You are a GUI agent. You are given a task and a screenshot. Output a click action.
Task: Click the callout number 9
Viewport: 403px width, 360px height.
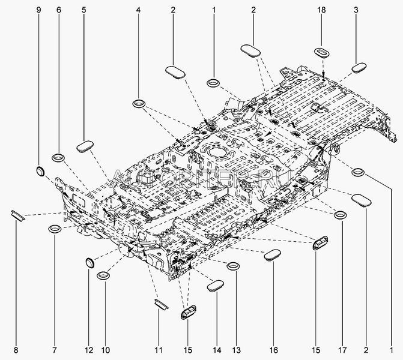40,10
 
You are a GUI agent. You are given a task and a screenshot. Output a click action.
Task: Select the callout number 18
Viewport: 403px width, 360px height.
323,10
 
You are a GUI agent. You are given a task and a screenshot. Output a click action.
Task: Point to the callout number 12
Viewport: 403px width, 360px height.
89,350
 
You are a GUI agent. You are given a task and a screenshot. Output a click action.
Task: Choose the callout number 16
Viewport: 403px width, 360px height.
274,350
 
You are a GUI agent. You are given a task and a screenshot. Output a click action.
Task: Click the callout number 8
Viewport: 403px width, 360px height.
16,350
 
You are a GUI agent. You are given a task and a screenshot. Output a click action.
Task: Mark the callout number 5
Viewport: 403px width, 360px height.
83,10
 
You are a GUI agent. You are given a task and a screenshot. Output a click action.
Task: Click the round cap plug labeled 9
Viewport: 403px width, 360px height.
41,172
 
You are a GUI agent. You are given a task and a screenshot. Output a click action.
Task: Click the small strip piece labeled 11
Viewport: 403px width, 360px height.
160,304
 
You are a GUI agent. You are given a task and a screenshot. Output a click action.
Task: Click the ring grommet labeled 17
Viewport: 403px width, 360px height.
340,215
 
